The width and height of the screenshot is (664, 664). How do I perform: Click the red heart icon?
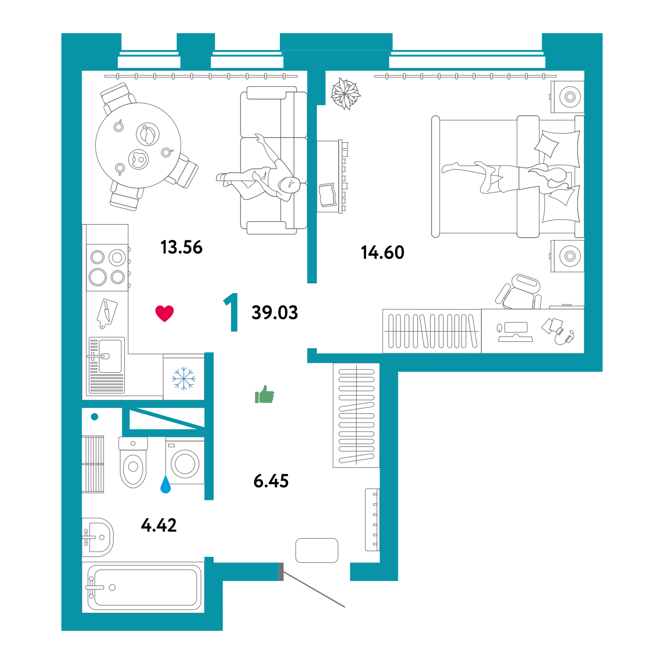[x=165, y=314]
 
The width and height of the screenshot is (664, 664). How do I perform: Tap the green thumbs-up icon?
[x=264, y=394]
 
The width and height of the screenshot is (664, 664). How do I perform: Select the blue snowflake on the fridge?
[x=184, y=378]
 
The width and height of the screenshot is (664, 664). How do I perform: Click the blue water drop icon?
[x=166, y=484]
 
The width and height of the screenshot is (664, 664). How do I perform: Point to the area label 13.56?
[x=182, y=248]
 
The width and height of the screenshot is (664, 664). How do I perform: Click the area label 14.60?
[x=382, y=253]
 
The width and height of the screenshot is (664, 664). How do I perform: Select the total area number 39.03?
[x=275, y=313]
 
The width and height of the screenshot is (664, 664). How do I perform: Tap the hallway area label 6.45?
[x=271, y=481]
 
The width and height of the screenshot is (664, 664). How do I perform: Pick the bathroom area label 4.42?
[x=159, y=525]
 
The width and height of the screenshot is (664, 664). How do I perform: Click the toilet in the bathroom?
[x=133, y=462]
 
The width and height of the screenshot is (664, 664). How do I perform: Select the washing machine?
[x=185, y=461]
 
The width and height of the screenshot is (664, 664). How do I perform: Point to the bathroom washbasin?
[x=98, y=537]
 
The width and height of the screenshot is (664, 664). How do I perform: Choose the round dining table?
[x=138, y=146]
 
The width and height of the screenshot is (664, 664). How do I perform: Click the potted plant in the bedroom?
[x=345, y=93]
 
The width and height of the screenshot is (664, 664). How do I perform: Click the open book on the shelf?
[x=328, y=195]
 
